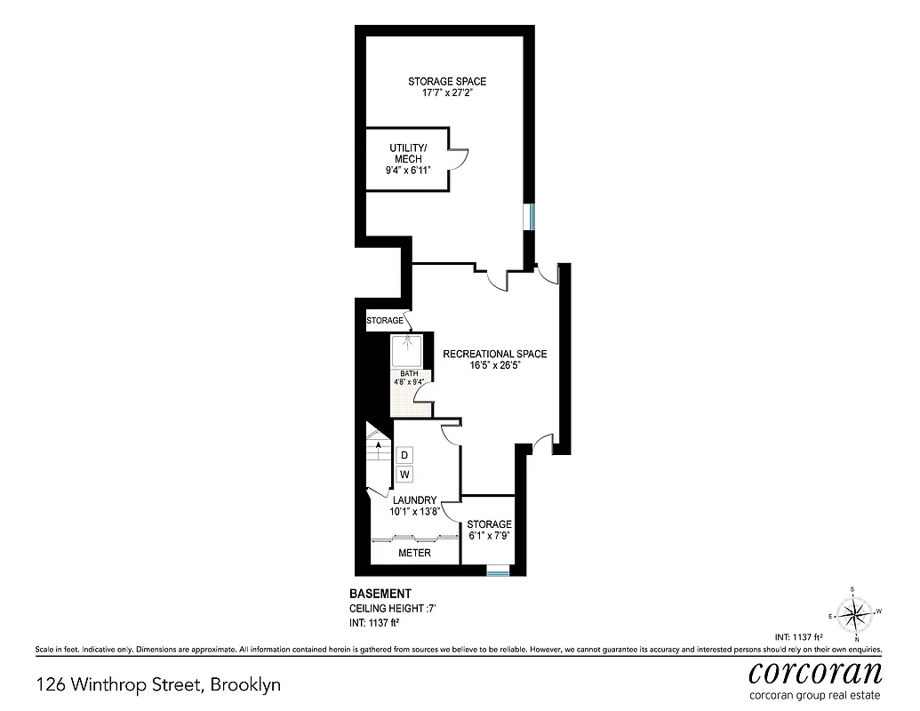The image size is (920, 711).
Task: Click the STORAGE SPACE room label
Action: (447, 82)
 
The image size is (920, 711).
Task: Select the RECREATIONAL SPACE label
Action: (494, 354)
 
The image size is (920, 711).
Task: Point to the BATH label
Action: (409, 373)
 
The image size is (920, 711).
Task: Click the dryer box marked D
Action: (404, 455)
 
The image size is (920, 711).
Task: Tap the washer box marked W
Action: (404, 475)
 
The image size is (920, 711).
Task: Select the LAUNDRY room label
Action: (413, 500)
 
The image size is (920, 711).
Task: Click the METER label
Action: (414, 553)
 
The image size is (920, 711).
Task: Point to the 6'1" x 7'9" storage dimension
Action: (490, 537)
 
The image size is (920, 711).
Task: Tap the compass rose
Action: (855, 612)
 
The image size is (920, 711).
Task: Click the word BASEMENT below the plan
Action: (379, 593)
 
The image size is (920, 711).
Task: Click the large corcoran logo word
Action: (815, 672)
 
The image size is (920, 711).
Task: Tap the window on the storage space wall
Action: (530, 216)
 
